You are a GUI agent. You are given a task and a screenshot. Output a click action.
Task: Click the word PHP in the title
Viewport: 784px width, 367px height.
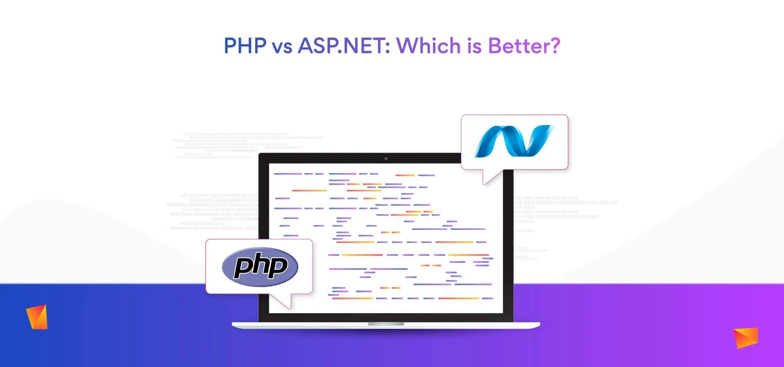(245, 46)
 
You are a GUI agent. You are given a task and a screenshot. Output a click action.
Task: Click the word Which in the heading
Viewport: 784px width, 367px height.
(428, 46)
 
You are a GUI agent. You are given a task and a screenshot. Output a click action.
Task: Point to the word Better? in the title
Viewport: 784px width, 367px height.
(524, 46)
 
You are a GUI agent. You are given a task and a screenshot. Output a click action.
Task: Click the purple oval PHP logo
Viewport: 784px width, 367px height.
(260, 267)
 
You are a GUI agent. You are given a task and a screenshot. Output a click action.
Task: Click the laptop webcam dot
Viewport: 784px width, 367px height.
(386, 158)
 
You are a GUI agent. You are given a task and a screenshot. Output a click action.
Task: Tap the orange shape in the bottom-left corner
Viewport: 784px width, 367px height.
(37, 317)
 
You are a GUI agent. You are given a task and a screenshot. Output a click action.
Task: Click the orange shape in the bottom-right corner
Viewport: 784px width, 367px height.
(746, 337)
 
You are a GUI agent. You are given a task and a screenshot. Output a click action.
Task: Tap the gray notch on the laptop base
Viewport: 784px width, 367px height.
(386, 324)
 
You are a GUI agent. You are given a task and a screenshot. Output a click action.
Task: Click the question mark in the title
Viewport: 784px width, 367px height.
(555, 46)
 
